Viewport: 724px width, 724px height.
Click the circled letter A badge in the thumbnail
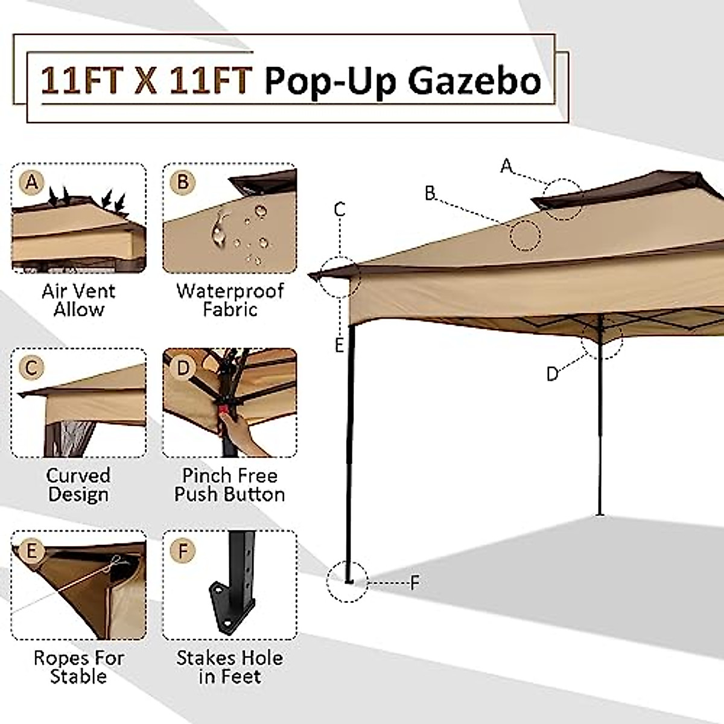[x=31, y=182]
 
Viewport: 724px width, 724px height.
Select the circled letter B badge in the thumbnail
[x=183, y=182]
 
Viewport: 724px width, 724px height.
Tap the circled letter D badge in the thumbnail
[x=183, y=367]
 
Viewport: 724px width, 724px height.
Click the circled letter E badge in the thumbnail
[x=31, y=550]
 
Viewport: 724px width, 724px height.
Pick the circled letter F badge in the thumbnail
[x=183, y=550]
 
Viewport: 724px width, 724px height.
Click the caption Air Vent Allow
[x=78, y=300]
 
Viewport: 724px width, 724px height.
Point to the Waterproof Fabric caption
[x=230, y=300]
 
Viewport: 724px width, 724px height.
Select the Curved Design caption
[x=78, y=484]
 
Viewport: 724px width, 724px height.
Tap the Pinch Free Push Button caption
[x=230, y=484]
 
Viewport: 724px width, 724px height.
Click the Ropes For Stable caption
[x=78, y=667]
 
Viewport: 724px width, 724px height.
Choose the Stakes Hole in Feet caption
[x=230, y=667]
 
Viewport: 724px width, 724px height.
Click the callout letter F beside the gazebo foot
[x=414, y=583]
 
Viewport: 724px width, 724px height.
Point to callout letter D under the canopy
[x=551, y=374]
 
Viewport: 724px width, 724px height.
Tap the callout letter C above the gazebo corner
[x=340, y=209]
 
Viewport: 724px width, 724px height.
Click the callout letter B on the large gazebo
[x=430, y=193]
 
